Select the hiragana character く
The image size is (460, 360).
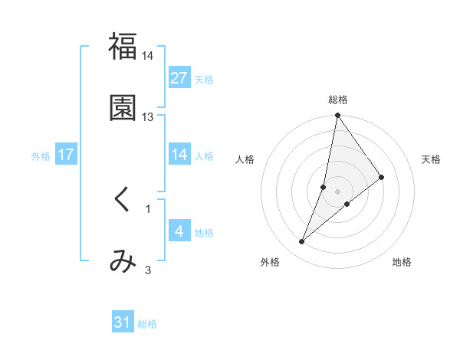click(123, 199)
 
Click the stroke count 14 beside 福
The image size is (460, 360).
click(148, 56)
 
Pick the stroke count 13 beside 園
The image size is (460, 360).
click(148, 117)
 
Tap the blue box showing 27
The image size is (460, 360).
click(179, 77)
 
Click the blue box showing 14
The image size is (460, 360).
click(179, 155)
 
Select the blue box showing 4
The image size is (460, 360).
click(179, 231)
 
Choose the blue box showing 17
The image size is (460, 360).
click(66, 155)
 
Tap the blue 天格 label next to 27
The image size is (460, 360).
click(204, 79)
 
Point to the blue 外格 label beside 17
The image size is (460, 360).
click(41, 156)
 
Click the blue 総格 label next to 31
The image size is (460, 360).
click(147, 324)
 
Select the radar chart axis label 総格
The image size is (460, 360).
click(338, 100)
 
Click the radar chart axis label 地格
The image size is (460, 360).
click(402, 262)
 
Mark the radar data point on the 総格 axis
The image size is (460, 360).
click(338, 116)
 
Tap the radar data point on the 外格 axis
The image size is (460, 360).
click(301, 242)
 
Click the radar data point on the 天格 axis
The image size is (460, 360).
click(382, 177)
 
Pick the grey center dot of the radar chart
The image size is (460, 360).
click(338, 191)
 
